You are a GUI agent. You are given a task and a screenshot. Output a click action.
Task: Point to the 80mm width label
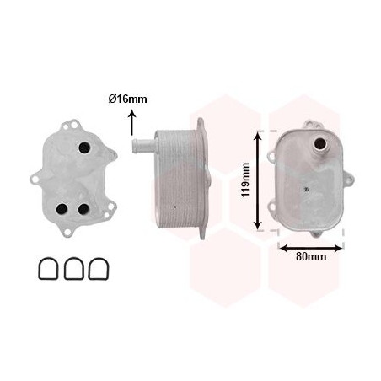[312, 255]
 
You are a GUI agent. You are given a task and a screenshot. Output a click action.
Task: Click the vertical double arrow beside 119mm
[259, 180]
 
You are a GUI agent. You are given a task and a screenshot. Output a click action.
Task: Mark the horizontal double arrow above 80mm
[310, 247]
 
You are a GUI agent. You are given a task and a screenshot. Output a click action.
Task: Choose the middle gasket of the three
[73, 268]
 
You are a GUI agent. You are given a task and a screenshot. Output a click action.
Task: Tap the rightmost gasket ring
[99, 268]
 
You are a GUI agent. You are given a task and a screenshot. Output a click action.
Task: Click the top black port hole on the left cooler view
[83, 148]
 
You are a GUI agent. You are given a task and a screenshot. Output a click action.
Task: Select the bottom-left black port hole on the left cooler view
[61, 209]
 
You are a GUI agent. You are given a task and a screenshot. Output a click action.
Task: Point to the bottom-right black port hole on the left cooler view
[83, 210]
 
